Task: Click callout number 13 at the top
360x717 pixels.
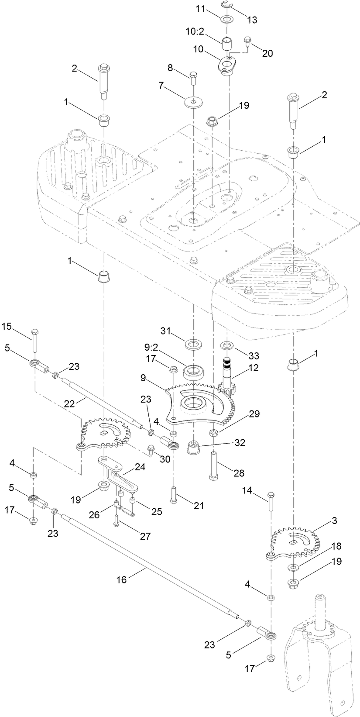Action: (x=252, y=20)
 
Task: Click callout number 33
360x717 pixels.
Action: (x=241, y=350)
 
